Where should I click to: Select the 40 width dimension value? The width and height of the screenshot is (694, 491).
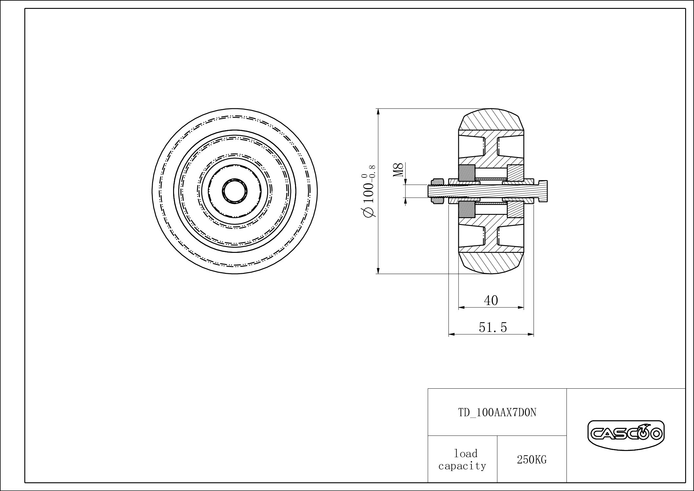click(491, 300)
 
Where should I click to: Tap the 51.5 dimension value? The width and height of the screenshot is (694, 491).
click(493, 327)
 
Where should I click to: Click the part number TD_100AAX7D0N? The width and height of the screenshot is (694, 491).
click(497, 413)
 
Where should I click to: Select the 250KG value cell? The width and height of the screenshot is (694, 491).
click(532, 460)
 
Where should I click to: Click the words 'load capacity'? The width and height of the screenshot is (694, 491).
click(462, 460)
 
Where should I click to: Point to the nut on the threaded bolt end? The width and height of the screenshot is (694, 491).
click(438, 191)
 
